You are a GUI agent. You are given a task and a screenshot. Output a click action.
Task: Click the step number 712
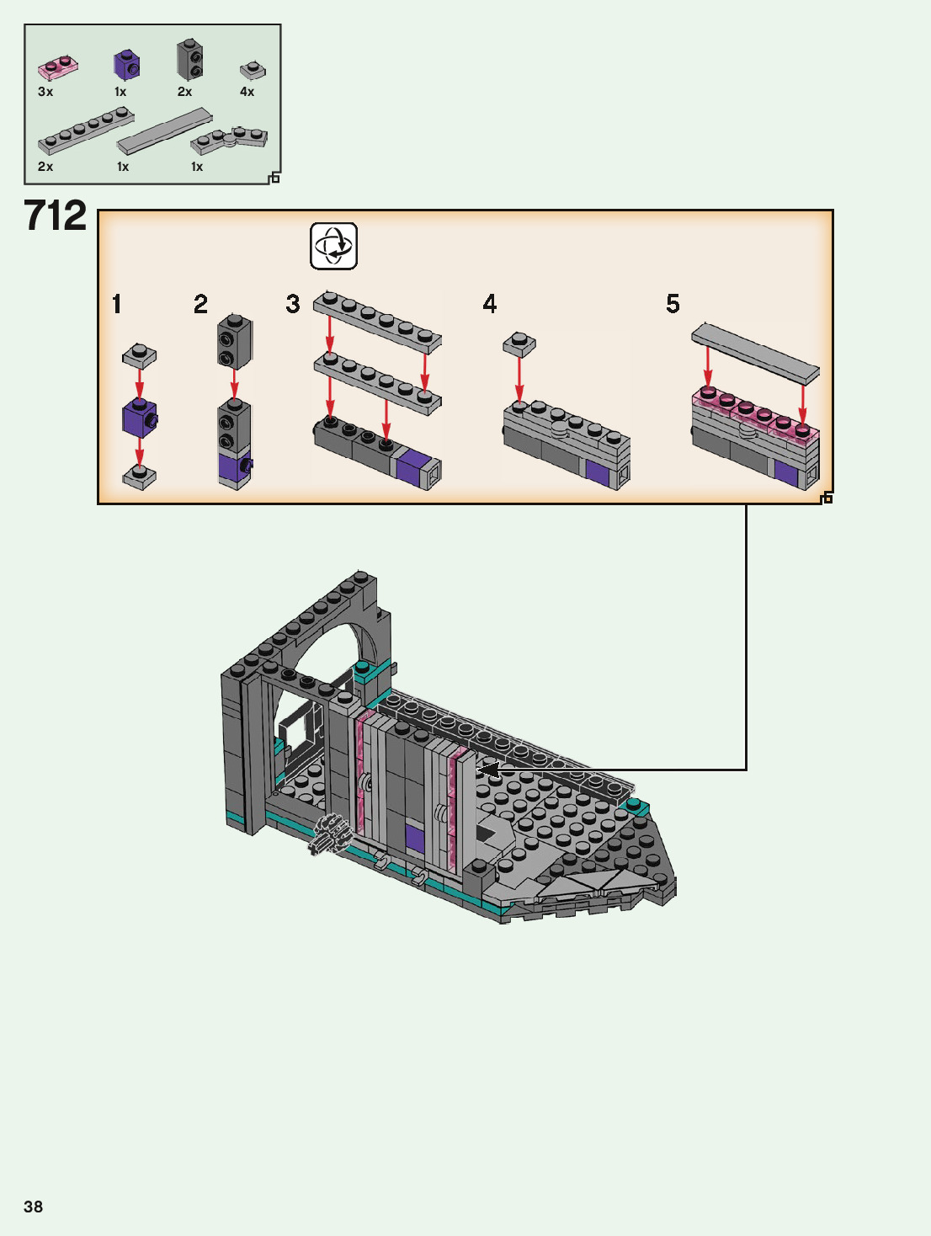click(56, 215)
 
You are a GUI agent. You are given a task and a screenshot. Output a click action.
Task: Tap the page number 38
click(33, 1207)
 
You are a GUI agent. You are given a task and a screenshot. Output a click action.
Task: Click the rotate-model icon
click(334, 246)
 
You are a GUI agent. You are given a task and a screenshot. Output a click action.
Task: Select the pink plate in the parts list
click(58, 67)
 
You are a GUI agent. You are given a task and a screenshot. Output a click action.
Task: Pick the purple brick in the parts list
click(126, 64)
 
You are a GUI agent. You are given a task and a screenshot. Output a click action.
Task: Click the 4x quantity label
click(247, 91)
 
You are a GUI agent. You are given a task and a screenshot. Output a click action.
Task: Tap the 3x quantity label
click(45, 91)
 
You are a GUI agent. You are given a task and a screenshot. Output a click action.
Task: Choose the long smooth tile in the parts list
click(164, 131)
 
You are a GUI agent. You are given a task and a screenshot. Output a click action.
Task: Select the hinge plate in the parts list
click(229, 141)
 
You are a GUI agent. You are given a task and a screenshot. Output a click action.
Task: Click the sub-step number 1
click(116, 304)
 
